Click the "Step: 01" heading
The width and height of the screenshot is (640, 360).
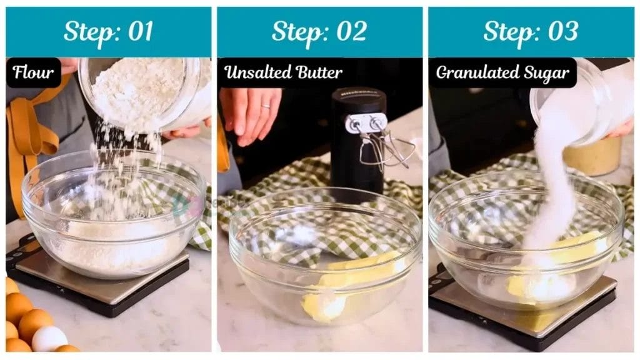click(108, 31)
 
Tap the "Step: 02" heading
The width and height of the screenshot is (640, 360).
click(319, 31)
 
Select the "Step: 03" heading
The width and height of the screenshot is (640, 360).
click(530, 31)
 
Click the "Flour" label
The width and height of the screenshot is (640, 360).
click(34, 72)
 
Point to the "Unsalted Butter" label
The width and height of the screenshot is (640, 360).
click(283, 72)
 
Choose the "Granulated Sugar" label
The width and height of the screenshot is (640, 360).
click(502, 72)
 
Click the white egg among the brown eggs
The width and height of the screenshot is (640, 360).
click(49, 339)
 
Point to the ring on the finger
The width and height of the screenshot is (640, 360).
click(266, 107)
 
